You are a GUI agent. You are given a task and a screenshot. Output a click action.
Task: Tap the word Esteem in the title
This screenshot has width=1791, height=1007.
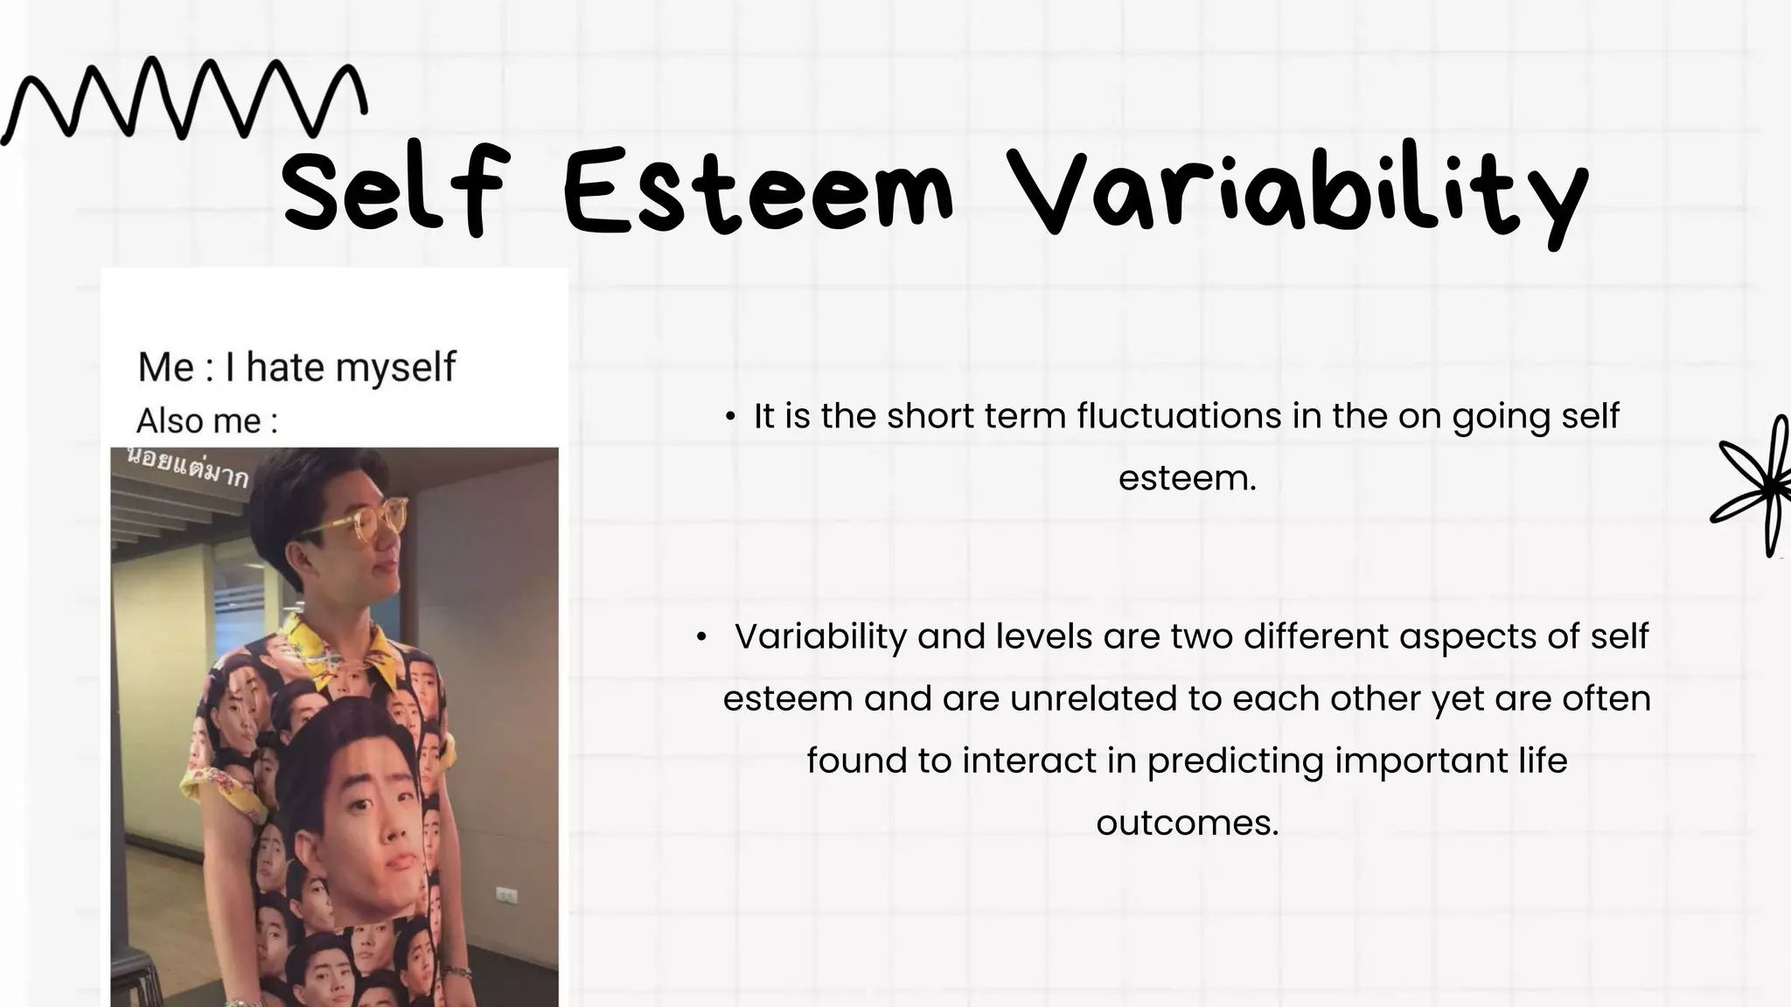tap(757, 192)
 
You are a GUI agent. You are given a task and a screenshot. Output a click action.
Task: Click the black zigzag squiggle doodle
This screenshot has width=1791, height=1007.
tap(184, 101)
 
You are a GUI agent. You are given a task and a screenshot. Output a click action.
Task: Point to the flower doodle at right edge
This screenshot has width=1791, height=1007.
tap(1758, 485)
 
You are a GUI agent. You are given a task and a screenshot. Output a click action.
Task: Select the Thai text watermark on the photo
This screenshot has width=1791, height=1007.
tap(188, 469)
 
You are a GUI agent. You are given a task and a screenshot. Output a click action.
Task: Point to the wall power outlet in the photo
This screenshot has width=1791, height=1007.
tap(506, 895)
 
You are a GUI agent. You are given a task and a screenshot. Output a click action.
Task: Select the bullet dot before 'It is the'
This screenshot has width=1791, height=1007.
tap(730, 417)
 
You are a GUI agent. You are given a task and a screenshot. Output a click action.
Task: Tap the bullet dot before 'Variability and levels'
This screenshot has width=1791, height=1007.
tap(700, 638)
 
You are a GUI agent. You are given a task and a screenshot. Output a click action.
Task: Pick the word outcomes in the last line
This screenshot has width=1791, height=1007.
tap(1187, 823)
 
